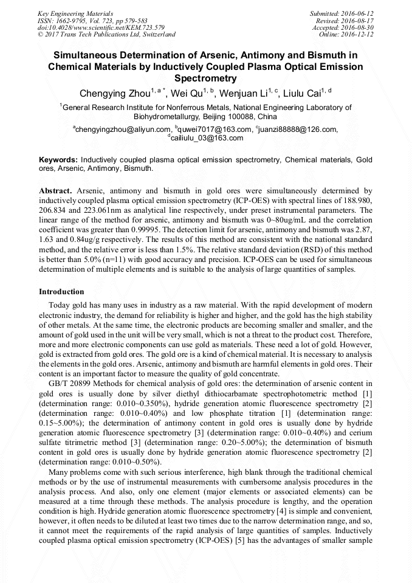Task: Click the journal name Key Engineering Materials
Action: (x=75, y=13)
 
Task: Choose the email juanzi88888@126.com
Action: (x=298, y=129)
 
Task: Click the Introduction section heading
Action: (x=61, y=292)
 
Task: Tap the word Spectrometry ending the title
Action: (x=205, y=78)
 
